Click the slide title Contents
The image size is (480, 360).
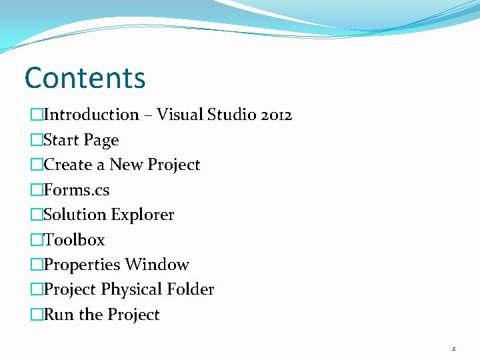tap(85, 77)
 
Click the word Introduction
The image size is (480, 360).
tap(91, 115)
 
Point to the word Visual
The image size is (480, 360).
tap(179, 115)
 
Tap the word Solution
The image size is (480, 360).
tap(75, 215)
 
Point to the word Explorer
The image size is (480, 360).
tap(143, 215)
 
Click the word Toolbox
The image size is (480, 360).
tap(74, 240)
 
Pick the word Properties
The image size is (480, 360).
tap(83, 265)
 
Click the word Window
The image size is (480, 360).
tap(158, 265)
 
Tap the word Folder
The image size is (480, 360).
tap(190, 289)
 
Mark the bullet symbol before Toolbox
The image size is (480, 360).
tap(36, 240)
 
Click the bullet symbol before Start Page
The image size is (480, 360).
tap(36, 140)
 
